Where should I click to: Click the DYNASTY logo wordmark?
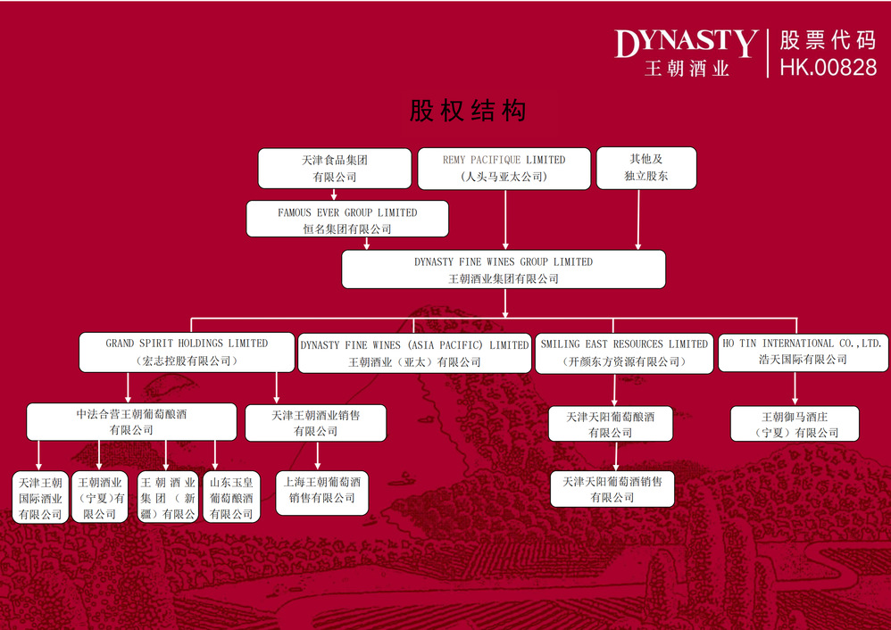pos(686,42)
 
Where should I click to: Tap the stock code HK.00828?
pos(828,67)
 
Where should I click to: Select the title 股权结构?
pos(468,111)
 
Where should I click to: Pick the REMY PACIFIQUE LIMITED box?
pos(504,168)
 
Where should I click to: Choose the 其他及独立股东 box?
pos(646,168)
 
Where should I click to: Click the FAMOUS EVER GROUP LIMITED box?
pos(347,220)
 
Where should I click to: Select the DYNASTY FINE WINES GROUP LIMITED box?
pos(504,269)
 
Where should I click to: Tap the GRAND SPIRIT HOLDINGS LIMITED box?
pos(187,352)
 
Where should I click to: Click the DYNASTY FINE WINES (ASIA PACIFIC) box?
pos(414,352)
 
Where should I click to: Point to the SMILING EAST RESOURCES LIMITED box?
pos(624,352)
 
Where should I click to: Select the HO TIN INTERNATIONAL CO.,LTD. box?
pos(802,351)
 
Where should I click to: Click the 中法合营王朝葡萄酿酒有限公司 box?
pos(131,422)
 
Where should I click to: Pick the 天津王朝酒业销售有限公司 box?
pos(316,423)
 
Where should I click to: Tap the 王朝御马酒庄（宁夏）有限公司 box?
pos(795,424)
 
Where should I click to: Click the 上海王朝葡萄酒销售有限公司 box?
pos(321,490)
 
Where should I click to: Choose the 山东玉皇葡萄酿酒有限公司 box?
pos(231,498)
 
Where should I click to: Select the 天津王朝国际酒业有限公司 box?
pos(40,498)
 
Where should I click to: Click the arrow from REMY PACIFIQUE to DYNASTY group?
pos(505,220)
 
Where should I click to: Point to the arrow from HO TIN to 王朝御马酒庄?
pos(795,389)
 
